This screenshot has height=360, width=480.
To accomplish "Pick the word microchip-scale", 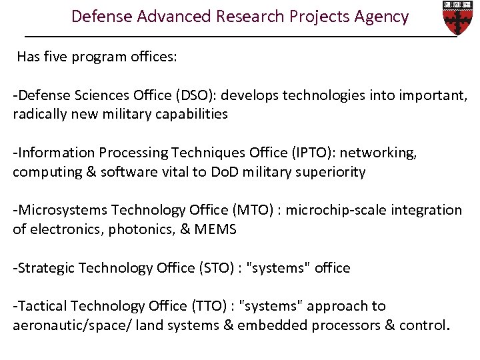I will [x=333, y=210].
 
